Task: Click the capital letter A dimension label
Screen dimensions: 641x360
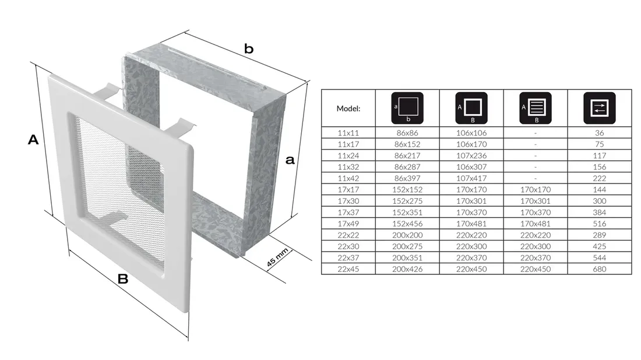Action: tap(33, 140)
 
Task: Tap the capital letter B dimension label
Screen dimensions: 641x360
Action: tap(122, 278)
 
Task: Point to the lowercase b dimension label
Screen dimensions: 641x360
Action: tap(249, 48)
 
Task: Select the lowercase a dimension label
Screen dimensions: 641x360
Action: tap(290, 160)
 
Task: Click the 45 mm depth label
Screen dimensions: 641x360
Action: tap(277, 257)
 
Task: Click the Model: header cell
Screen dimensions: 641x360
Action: tap(348, 108)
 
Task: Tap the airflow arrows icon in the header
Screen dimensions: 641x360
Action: tap(599, 108)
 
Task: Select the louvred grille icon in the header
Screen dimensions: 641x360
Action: tap(535, 108)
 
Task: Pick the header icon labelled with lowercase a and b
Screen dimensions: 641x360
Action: tap(407, 108)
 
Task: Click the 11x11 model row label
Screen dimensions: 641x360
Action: tap(348, 133)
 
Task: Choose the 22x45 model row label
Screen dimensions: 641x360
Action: tap(348, 269)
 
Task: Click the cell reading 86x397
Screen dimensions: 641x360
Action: tap(407, 178)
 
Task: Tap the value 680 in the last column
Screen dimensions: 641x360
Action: tap(599, 269)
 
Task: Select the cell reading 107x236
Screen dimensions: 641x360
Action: tap(471, 156)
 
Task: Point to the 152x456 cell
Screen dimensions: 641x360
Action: tap(407, 224)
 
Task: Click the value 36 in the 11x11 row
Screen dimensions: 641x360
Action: tap(599, 133)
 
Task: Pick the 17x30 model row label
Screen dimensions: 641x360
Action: tap(348, 201)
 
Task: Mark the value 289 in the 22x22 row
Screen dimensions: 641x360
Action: tap(599, 235)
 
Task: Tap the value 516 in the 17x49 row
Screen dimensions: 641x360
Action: tap(599, 224)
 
